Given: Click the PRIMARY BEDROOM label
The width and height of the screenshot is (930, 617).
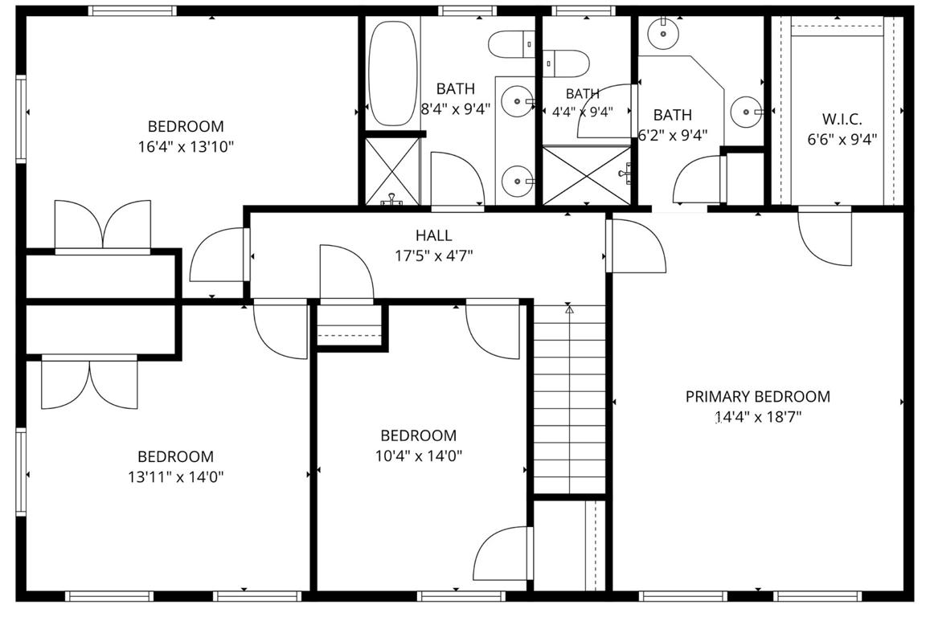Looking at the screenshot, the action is [x=757, y=397].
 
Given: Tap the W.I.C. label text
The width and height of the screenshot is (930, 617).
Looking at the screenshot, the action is [x=842, y=119].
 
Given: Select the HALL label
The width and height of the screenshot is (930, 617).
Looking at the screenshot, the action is [x=434, y=235].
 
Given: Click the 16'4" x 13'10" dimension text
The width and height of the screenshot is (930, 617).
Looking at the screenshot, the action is [x=186, y=146].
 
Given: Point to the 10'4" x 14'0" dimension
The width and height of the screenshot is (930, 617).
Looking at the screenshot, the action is [x=419, y=456].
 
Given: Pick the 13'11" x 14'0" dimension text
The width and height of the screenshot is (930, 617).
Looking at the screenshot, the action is [x=175, y=476].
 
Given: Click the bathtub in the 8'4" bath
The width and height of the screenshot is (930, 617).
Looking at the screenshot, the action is [x=392, y=73].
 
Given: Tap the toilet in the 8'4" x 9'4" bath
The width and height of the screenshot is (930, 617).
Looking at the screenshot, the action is [x=511, y=44].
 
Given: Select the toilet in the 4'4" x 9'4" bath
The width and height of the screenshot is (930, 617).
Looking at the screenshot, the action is [x=567, y=63].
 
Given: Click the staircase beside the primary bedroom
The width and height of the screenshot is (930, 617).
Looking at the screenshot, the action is [x=570, y=399].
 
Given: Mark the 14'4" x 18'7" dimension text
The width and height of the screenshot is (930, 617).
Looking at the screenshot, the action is [x=758, y=417].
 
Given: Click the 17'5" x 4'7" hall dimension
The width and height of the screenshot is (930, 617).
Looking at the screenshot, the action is [x=434, y=256].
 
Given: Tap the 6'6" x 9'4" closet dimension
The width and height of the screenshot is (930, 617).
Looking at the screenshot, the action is [x=842, y=140].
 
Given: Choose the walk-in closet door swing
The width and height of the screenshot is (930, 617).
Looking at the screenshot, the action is [x=825, y=237].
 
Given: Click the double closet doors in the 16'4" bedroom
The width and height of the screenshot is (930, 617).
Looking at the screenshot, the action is [x=103, y=225].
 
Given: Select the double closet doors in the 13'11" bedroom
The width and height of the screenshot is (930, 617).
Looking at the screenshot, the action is [x=89, y=383].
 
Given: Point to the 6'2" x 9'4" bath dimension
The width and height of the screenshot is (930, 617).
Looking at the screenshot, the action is [x=673, y=136].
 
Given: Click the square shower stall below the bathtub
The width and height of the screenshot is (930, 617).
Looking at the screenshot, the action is [x=391, y=171].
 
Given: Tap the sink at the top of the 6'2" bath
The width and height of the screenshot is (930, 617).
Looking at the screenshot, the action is [x=663, y=33].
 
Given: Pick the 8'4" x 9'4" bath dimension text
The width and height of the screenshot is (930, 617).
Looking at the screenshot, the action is [x=456, y=109].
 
